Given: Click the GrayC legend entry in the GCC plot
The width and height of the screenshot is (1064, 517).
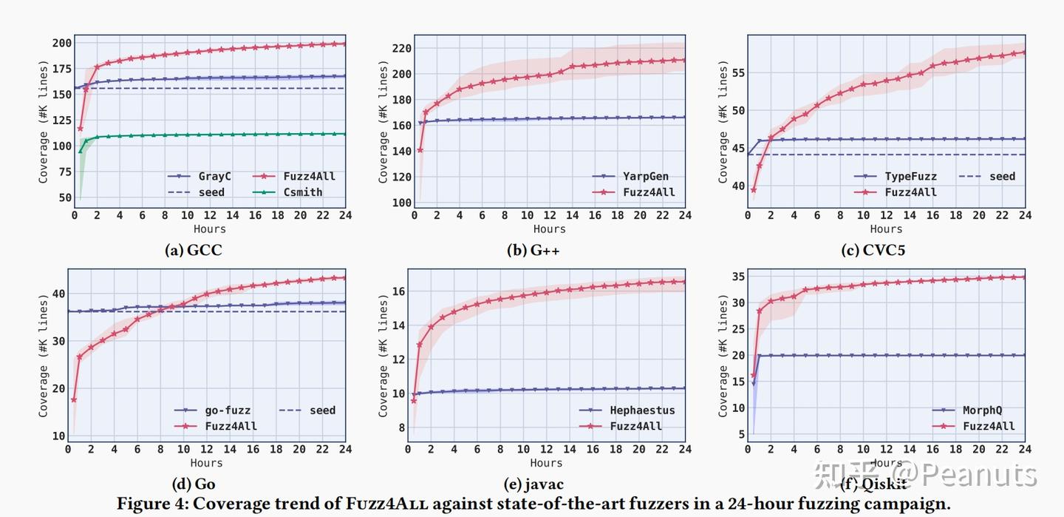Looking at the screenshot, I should [x=214, y=176].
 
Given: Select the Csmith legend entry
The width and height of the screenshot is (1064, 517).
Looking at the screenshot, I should [x=302, y=192].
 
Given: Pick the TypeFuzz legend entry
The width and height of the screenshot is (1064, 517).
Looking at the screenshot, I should [x=910, y=176].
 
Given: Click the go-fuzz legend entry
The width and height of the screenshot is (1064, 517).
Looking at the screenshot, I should [x=228, y=410].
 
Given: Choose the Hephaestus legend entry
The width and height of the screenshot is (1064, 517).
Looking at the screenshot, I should [x=642, y=410].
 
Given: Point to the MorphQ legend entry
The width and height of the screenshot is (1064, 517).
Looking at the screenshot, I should [x=982, y=410].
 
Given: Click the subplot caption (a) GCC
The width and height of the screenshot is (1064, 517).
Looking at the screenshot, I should [x=193, y=250].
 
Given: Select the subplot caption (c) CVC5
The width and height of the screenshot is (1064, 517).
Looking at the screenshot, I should [x=873, y=250].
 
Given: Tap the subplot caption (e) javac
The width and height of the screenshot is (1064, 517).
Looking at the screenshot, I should [x=533, y=484].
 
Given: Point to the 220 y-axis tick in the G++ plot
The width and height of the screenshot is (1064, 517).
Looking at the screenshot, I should [x=402, y=48].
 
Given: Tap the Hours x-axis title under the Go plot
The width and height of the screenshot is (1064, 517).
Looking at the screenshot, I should [x=206, y=463].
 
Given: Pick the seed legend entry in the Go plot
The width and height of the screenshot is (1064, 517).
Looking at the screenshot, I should [x=322, y=410].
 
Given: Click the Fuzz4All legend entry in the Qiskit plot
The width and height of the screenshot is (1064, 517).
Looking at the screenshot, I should [x=989, y=426].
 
